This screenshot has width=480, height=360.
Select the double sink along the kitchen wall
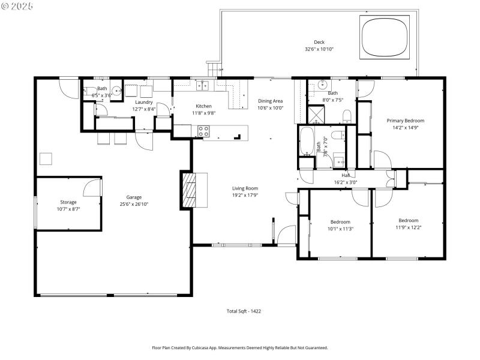[x=205, y=86]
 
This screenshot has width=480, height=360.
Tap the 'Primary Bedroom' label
[x=406, y=120]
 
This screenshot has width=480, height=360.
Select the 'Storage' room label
[x=68, y=202]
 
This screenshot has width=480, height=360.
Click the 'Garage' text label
[x=134, y=197]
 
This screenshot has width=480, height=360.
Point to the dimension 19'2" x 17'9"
[x=245, y=196]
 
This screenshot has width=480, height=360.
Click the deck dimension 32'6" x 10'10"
[x=319, y=49]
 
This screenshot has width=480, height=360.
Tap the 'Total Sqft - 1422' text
[x=244, y=311]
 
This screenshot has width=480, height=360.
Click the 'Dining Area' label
[x=270, y=101]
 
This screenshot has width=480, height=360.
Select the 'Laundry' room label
[x=143, y=102]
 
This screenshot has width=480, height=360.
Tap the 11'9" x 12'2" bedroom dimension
[x=407, y=227]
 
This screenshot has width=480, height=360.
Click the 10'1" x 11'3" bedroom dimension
[x=340, y=229]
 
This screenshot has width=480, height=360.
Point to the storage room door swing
[x=92, y=187]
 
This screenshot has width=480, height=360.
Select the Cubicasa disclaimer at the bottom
[x=240, y=347]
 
